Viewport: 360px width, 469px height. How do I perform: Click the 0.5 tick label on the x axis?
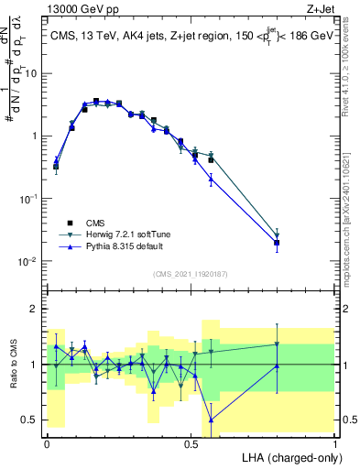(x=191, y=442)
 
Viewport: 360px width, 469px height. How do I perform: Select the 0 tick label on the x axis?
(x=47, y=442)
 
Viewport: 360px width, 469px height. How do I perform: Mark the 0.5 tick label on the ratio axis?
(x=31, y=420)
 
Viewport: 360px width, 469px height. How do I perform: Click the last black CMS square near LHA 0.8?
(x=277, y=243)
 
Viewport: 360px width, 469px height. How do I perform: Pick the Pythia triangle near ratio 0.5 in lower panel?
(x=212, y=420)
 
